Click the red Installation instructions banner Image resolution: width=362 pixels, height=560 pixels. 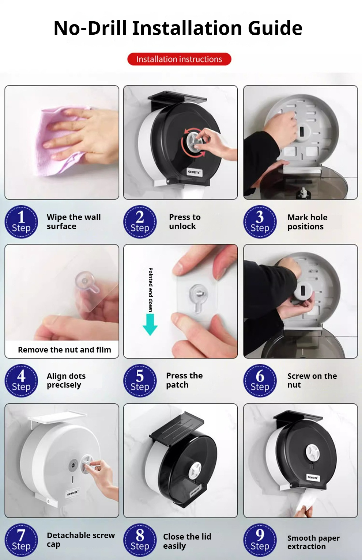click(179, 59)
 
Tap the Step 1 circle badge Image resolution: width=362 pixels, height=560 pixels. click(21, 222)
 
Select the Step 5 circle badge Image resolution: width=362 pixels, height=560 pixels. click(140, 381)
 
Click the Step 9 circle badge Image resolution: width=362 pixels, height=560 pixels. click(260, 540)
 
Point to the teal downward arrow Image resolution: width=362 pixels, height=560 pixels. click(150, 324)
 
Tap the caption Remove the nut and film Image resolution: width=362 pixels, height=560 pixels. click(65, 350)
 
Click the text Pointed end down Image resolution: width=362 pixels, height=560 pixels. click(150, 290)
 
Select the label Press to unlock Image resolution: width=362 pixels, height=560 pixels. click(185, 221)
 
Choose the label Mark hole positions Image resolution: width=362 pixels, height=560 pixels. click(308, 222)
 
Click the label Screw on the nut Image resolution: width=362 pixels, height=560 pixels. click(312, 380)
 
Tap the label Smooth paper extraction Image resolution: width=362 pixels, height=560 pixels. click(313, 542)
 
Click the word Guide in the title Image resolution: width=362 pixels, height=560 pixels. click(275, 28)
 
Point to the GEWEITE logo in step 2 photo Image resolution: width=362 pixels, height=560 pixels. click(194, 172)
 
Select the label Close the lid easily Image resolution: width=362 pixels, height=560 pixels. click(187, 541)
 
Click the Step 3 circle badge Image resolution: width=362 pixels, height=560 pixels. click(260, 222)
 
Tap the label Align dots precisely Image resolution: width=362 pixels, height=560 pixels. click(66, 381)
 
